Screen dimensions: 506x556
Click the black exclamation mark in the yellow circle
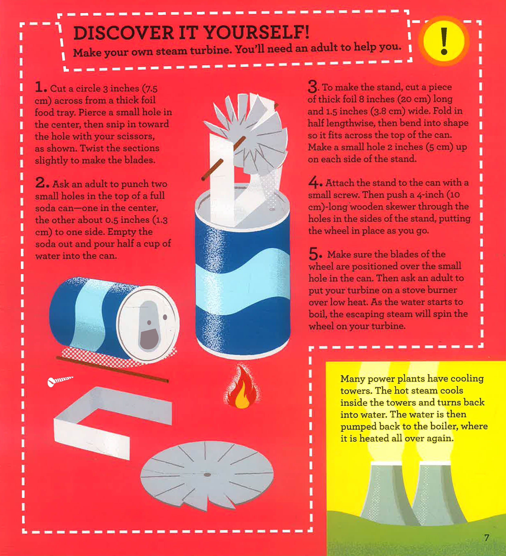tap(444, 41)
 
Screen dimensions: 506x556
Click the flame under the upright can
tap(241, 386)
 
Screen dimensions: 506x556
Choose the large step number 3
tap(313, 86)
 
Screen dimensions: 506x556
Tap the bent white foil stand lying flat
tap(112, 422)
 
